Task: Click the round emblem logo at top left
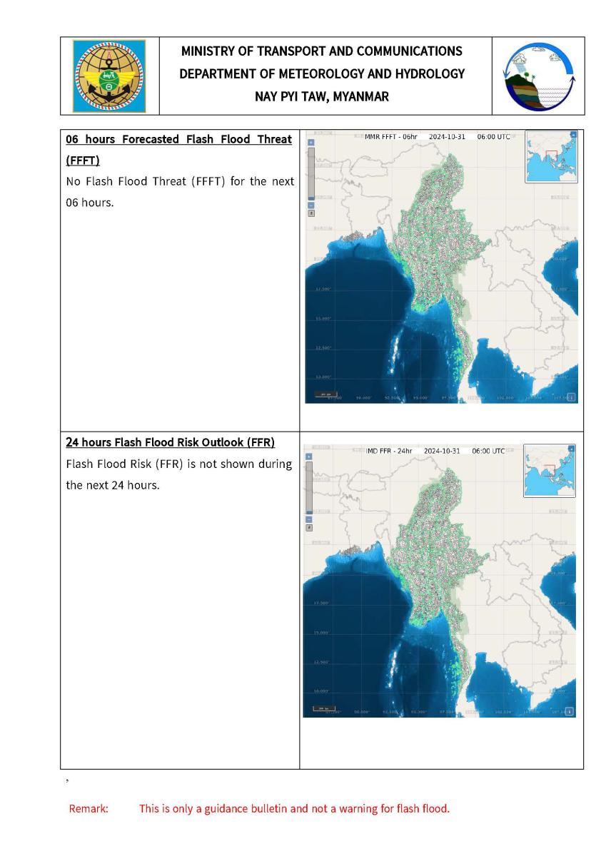tap(109, 75)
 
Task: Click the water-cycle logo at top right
tap(538, 75)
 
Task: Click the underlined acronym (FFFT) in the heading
tap(82, 161)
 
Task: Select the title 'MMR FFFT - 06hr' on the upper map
tap(391, 136)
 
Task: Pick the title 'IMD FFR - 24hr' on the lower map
tap(390, 451)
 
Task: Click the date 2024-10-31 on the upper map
tap(447, 136)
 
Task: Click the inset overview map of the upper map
tap(550, 157)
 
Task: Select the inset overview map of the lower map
tap(549, 471)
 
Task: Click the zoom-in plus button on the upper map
tap(310, 142)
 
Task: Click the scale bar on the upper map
tap(325, 394)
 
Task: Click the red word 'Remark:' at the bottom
tap(88, 809)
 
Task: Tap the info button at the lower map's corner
tap(570, 711)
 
